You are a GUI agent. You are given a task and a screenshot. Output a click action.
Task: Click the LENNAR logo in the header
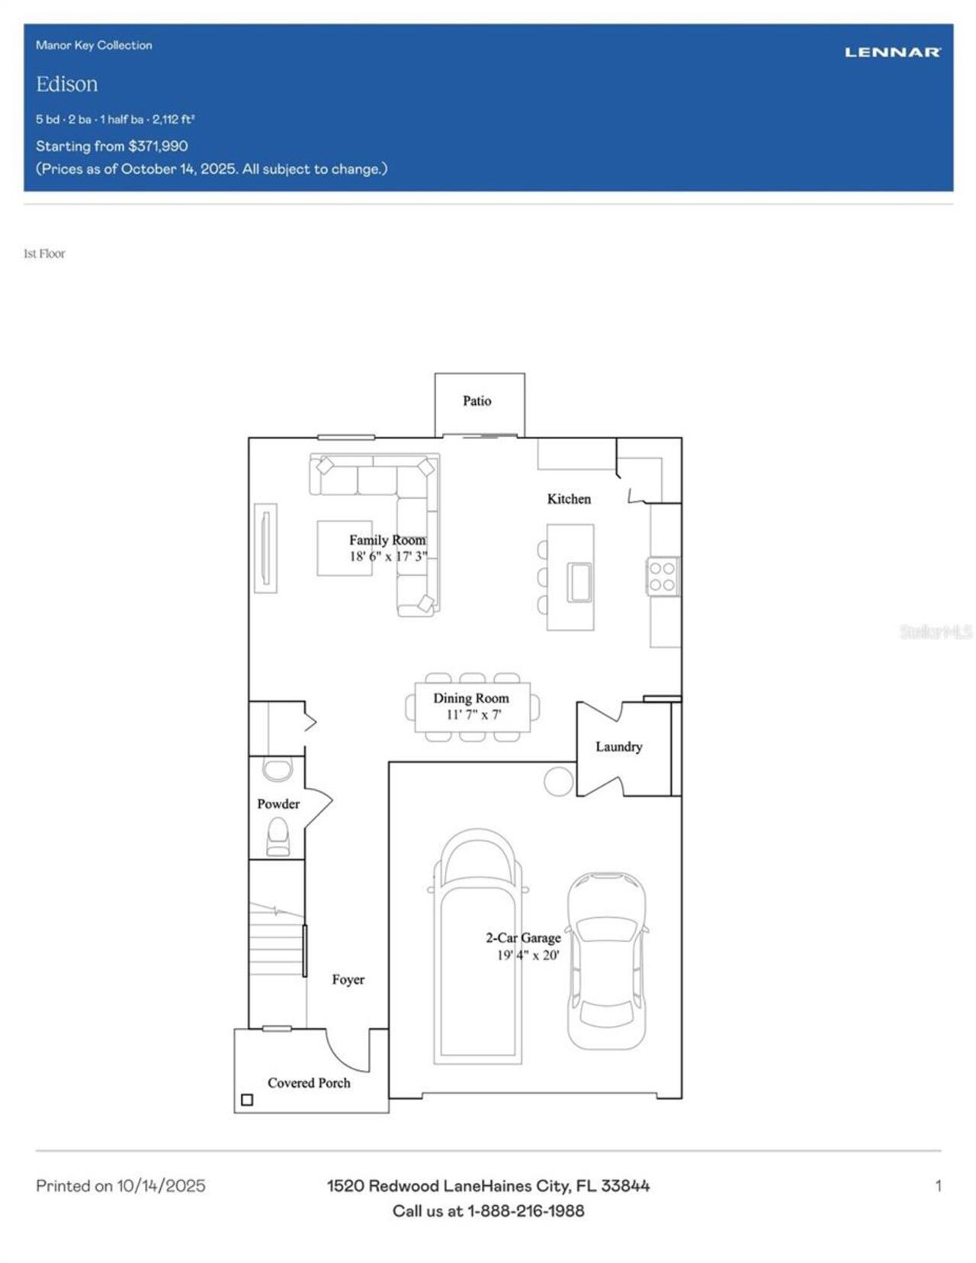tap(892, 52)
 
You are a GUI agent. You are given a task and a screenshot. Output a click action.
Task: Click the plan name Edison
tap(66, 84)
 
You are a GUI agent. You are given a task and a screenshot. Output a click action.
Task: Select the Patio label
tap(477, 401)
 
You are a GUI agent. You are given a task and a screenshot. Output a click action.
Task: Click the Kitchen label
tap(569, 498)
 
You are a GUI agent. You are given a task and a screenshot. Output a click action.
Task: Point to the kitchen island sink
tap(579, 582)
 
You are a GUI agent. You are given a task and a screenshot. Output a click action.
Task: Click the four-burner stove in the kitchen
tap(662, 576)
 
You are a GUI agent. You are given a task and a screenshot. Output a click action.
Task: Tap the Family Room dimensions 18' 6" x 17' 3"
tap(388, 556)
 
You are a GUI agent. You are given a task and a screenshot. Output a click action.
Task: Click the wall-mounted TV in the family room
tap(265, 547)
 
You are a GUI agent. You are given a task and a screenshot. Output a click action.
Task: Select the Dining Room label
tap(470, 697)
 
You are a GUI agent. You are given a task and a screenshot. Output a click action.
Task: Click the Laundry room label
tap(618, 746)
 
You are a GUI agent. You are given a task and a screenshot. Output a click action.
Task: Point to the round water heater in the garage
tap(558, 781)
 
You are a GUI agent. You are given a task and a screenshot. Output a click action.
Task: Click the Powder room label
tap(278, 803)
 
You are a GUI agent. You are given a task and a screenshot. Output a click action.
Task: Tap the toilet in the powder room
tap(278, 836)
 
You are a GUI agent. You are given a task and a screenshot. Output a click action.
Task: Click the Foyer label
tap(348, 979)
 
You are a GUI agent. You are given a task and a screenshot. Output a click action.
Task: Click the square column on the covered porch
tap(247, 1100)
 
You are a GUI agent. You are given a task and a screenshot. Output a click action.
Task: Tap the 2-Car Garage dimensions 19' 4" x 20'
tap(528, 955)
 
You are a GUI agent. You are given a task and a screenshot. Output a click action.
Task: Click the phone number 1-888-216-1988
tap(525, 1210)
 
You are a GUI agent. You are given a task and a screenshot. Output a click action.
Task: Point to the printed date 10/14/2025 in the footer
tap(161, 1185)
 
